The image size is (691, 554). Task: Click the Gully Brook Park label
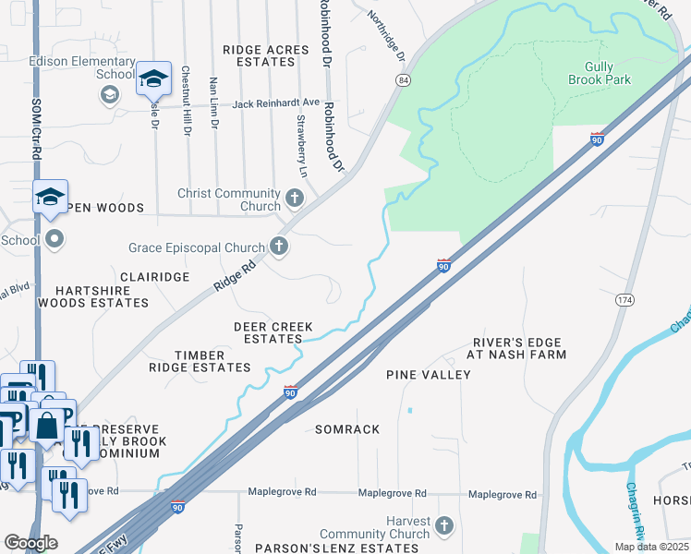coord(607,73)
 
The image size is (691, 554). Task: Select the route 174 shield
coord(624,300)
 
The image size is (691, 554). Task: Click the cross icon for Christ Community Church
coord(295,198)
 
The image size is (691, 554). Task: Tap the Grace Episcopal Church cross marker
coord(278,247)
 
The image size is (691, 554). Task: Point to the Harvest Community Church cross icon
coord(444,525)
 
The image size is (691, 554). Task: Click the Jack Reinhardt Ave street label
coord(274,103)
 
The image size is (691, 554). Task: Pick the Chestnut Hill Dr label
coord(186,102)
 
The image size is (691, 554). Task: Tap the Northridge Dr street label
coord(386,36)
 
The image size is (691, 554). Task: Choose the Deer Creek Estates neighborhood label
coord(273,332)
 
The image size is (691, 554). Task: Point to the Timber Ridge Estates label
coord(200,361)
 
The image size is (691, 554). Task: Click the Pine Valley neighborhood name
coord(428,375)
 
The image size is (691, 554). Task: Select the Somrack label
coord(347,430)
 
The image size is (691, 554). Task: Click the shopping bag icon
coord(46,426)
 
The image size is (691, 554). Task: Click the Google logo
coord(30,542)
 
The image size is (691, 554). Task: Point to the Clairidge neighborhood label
coord(154,277)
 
